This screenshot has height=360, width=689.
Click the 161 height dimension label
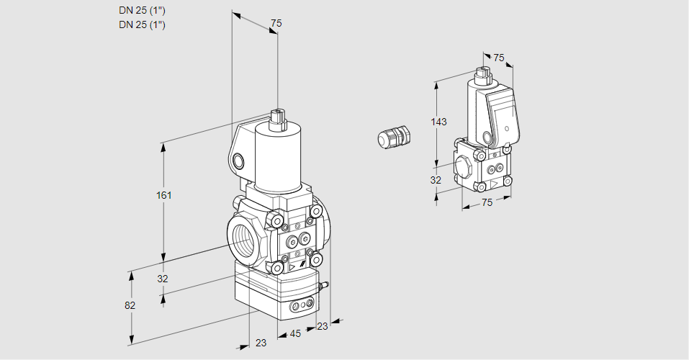click(x=165, y=195)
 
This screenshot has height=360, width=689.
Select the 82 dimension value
click(x=130, y=305)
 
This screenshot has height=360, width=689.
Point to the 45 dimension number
click(x=295, y=333)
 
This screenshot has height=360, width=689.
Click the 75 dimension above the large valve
click(x=276, y=24)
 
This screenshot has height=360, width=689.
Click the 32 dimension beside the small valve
click(x=436, y=181)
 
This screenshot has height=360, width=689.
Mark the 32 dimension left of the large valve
click(x=163, y=279)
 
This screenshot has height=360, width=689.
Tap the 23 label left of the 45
click(x=261, y=343)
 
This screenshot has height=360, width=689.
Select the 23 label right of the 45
click(x=322, y=326)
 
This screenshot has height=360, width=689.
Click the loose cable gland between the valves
click(x=395, y=137)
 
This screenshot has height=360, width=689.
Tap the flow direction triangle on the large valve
click(x=292, y=268)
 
